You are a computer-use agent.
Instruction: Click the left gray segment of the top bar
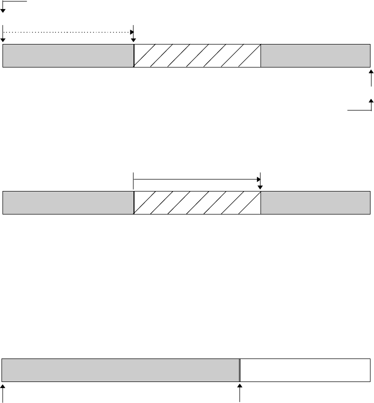click(x=68, y=55)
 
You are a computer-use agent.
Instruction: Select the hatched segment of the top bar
click(x=197, y=55)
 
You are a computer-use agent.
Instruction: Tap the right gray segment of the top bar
click(x=315, y=55)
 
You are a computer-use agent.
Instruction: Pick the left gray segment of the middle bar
click(x=68, y=202)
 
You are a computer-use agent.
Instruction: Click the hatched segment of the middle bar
click(x=197, y=202)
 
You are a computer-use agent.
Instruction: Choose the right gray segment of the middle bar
click(x=315, y=202)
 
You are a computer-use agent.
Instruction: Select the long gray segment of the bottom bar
click(x=120, y=370)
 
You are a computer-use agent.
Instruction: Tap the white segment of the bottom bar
click(x=305, y=370)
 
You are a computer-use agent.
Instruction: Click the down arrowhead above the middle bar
click(x=260, y=187)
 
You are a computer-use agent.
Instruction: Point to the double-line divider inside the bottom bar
click(x=239, y=370)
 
